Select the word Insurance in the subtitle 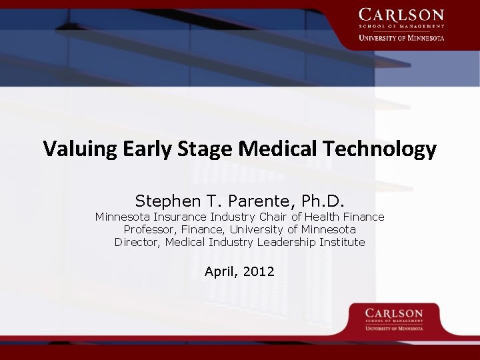point(180,217)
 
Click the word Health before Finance point(321,217)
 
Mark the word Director point(137,242)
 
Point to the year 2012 point(260,271)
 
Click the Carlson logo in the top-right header point(401,25)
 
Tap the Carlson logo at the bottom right point(394,319)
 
